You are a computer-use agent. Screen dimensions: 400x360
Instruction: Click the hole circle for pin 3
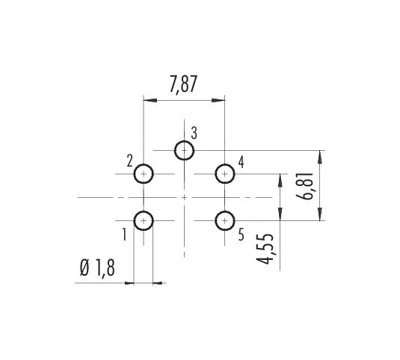[x=184, y=141]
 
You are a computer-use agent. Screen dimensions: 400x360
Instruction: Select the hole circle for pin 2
[x=144, y=164]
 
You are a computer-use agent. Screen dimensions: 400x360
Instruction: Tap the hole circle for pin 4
[x=225, y=164]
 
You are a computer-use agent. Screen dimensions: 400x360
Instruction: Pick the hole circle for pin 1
[x=144, y=211]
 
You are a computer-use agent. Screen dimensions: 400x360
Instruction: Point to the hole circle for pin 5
[x=225, y=211]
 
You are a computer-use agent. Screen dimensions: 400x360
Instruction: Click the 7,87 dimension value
[x=183, y=84]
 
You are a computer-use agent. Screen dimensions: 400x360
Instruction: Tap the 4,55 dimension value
[x=265, y=249]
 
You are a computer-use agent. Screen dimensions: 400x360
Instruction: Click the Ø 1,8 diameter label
[x=97, y=268]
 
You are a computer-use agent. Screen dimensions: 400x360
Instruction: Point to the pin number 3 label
[x=194, y=133]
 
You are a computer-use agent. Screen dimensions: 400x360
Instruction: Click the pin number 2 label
[x=130, y=161]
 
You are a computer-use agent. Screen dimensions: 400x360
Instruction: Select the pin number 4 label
[x=241, y=162]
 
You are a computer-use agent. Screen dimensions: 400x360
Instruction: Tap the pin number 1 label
[x=124, y=235]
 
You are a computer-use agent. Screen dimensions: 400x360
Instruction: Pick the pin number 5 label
[x=241, y=235]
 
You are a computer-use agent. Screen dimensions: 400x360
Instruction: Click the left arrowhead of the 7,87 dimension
[x=150, y=100]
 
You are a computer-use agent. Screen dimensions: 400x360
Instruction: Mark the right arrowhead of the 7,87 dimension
[x=218, y=100]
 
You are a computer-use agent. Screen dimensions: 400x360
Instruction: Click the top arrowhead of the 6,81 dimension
[x=320, y=157]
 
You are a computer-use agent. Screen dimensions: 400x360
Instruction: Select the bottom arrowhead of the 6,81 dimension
[x=320, y=214]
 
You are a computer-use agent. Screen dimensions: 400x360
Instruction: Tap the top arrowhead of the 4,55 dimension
[x=280, y=181]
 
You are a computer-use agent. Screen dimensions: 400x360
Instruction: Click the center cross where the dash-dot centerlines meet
[x=184, y=197]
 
